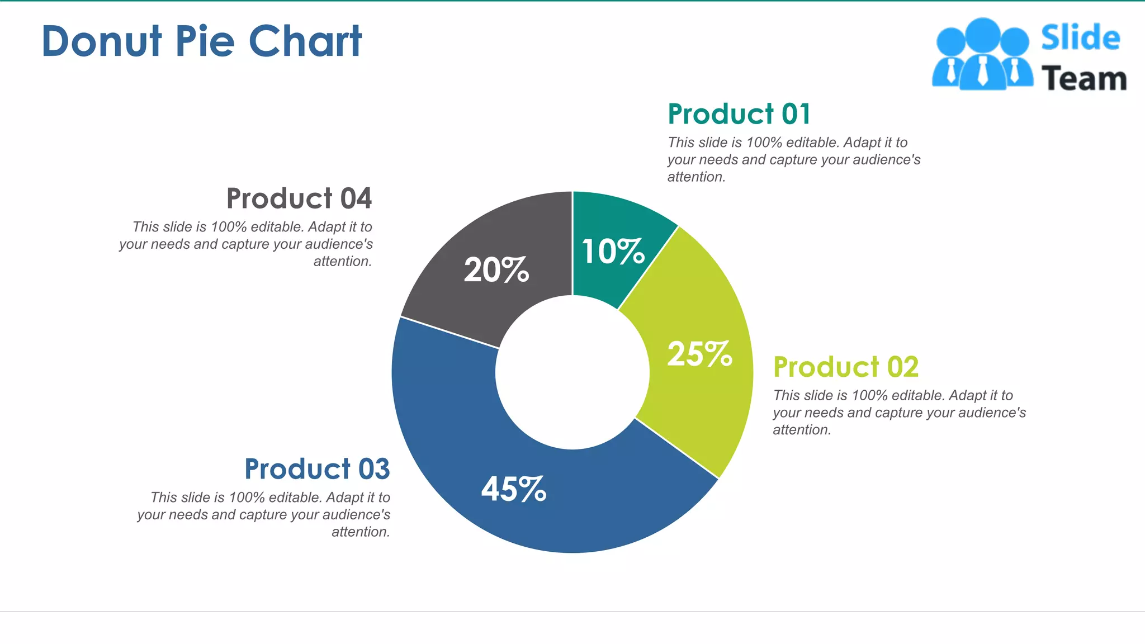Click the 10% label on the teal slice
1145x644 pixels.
(613, 252)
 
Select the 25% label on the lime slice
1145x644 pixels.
(699, 354)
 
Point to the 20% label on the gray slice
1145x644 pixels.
(496, 271)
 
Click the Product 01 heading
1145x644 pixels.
(739, 114)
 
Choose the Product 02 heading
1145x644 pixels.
(845, 367)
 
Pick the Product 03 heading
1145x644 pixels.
(317, 469)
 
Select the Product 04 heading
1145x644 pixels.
(299, 198)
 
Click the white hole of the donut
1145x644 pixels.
(572, 372)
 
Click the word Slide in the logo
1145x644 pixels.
(1080, 38)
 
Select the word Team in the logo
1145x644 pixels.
(1084, 79)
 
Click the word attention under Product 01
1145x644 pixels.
(695, 177)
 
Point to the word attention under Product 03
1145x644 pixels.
(360, 532)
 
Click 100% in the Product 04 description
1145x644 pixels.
(228, 227)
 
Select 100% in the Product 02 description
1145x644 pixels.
(869, 396)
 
